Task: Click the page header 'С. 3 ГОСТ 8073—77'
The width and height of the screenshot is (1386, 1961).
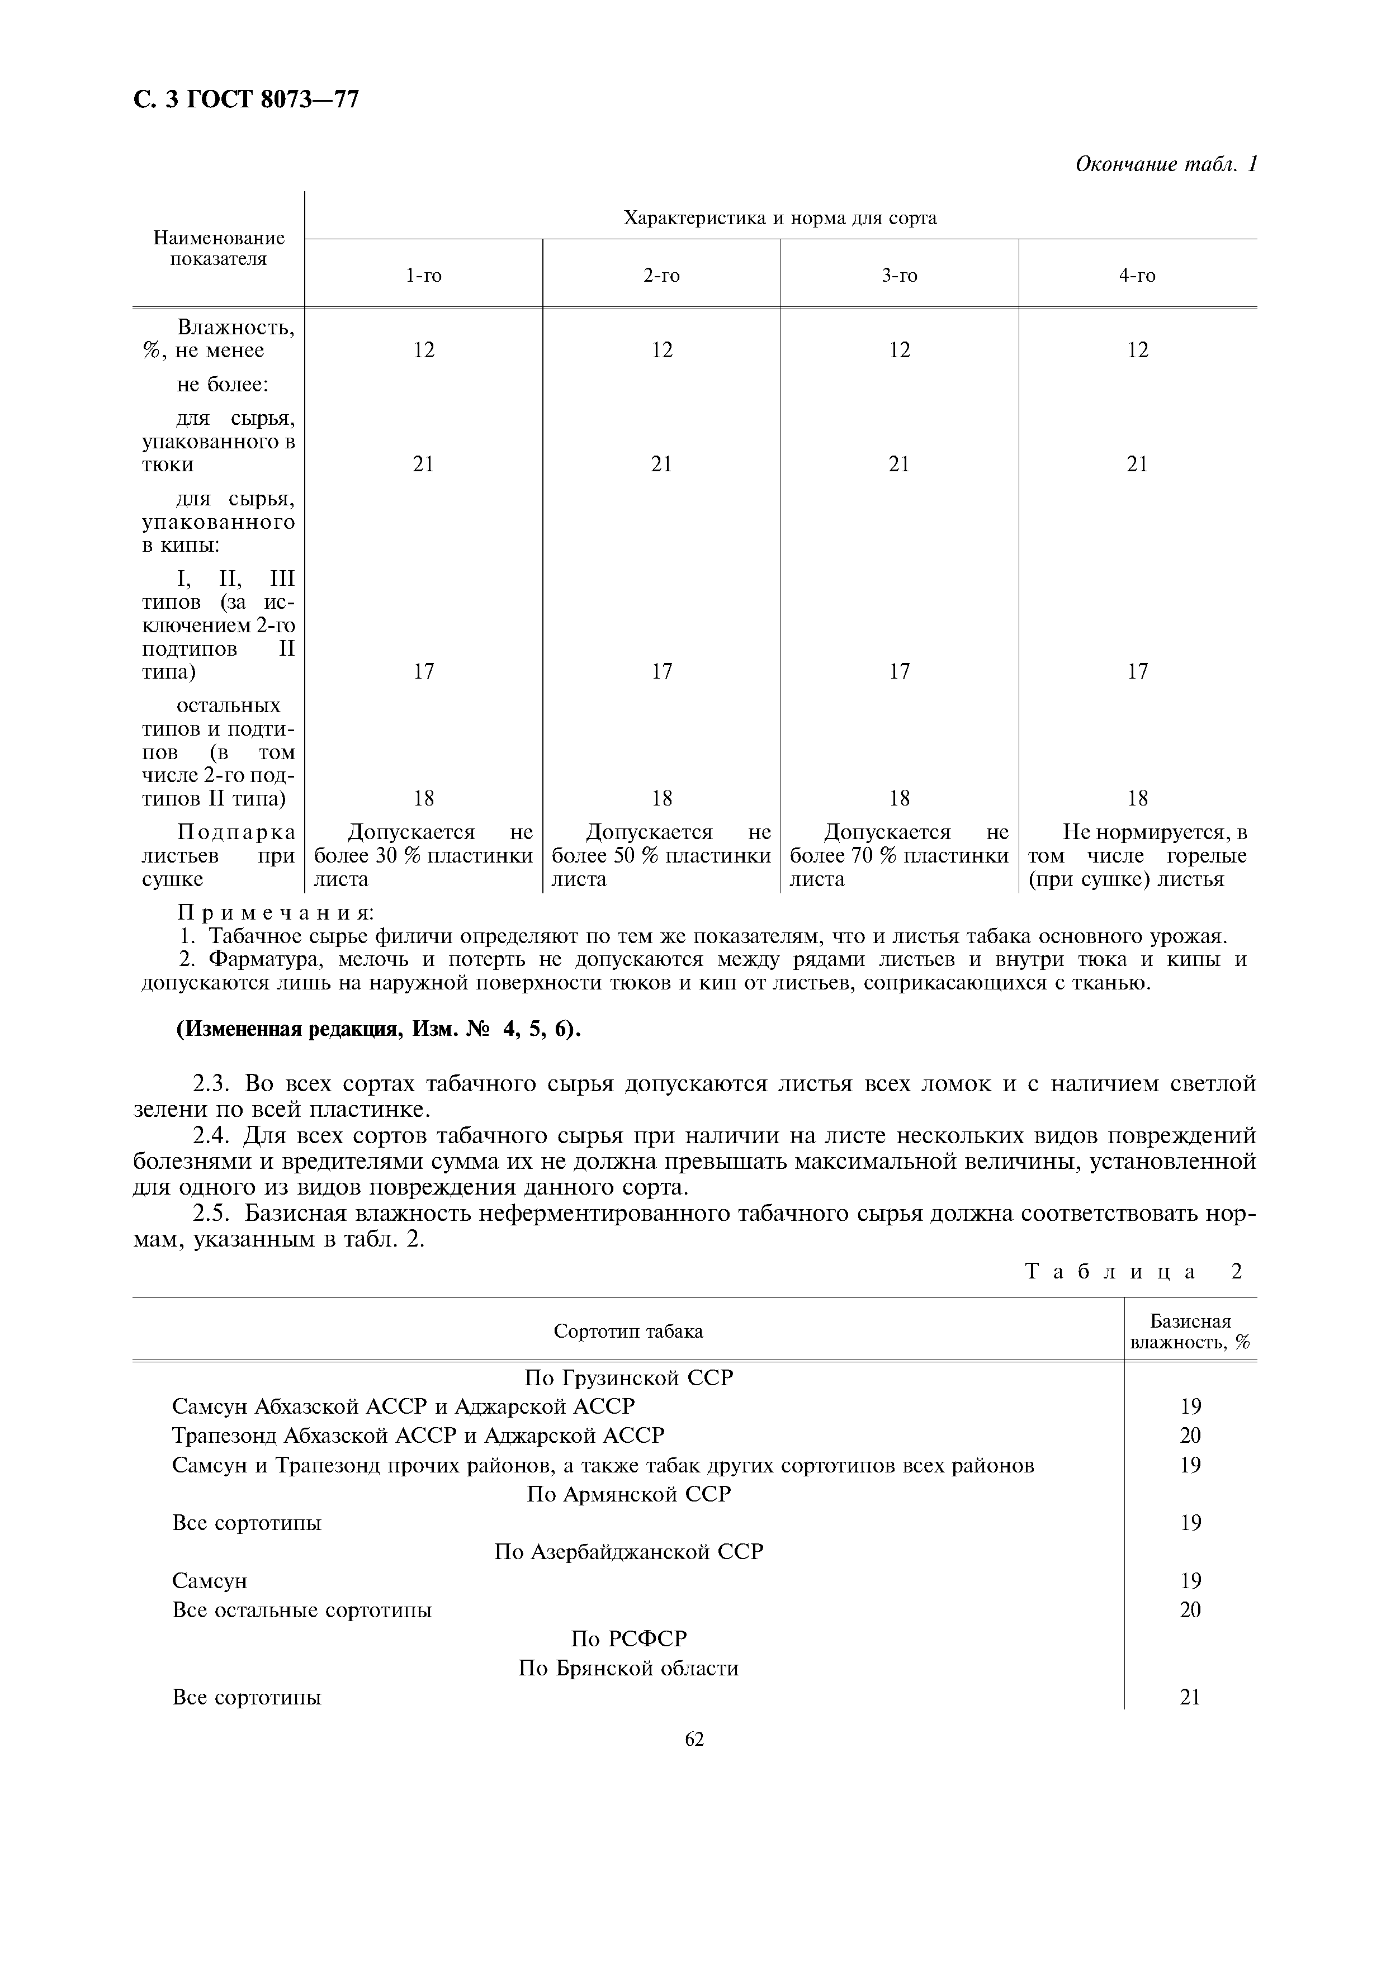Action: pos(246,100)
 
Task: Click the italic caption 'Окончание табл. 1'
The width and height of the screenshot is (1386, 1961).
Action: pos(1166,164)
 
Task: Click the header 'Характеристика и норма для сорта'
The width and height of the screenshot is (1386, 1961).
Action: pos(780,218)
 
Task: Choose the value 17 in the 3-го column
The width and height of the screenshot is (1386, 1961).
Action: pos(899,671)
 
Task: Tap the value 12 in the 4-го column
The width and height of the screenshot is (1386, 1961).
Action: pos(1138,350)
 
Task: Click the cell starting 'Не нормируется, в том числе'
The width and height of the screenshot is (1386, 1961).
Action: pos(1138,856)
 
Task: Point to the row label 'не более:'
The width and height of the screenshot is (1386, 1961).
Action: pos(223,385)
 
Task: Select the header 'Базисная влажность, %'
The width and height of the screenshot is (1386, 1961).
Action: pos(1190,1332)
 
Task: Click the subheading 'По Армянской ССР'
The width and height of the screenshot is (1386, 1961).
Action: pos(628,1494)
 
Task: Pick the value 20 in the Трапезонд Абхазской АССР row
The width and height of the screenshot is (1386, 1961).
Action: pos(1190,1435)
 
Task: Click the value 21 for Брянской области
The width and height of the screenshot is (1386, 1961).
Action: pos(1190,1697)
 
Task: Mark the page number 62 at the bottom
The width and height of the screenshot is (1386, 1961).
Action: pos(693,1740)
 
